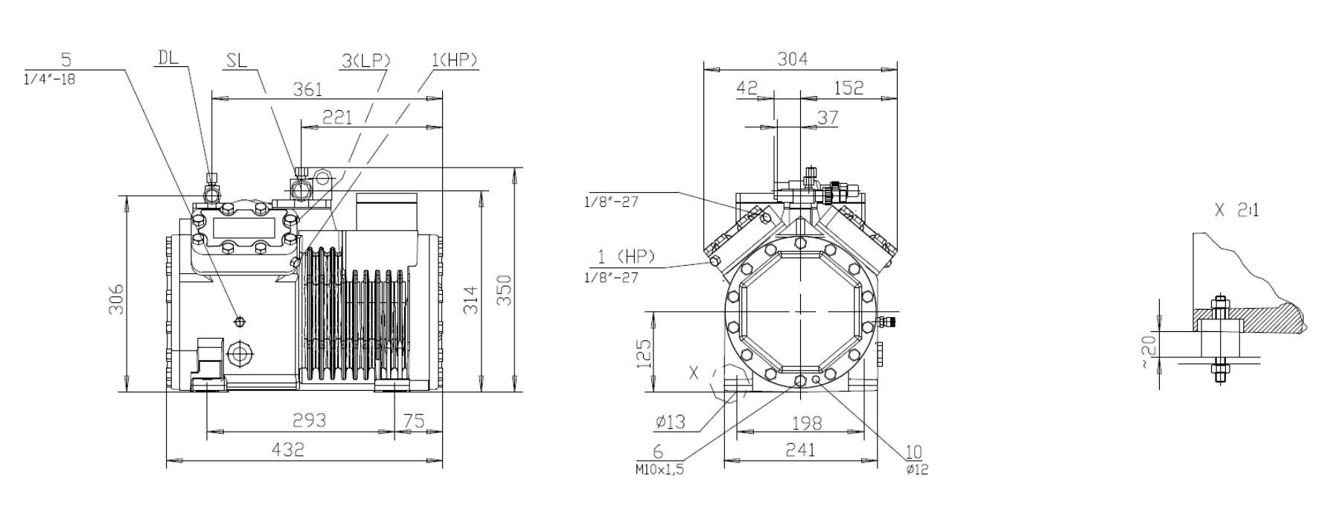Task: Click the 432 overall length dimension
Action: click(x=287, y=449)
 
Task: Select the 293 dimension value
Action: click(x=309, y=420)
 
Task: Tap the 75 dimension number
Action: click(x=413, y=420)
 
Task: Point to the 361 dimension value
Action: click(x=307, y=89)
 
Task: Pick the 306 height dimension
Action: click(x=117, y=298)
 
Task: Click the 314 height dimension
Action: click(x=470, y=298)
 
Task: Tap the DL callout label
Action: click(x=168, y=57)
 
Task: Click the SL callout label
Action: click(x=236, y=61)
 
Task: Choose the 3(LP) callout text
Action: click(x=366, y=60)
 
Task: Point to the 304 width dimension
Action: click(x=792, y=59)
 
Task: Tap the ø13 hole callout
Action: click(x=670, y=423)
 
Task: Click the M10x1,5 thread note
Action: click(x=659, y=470)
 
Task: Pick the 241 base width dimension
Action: click(x=800, y=450)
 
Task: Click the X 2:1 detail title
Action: click(x=1236, y=211)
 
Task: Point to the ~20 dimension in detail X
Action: click(x=1149, y=349)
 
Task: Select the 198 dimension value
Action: click(x=806, y=423)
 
